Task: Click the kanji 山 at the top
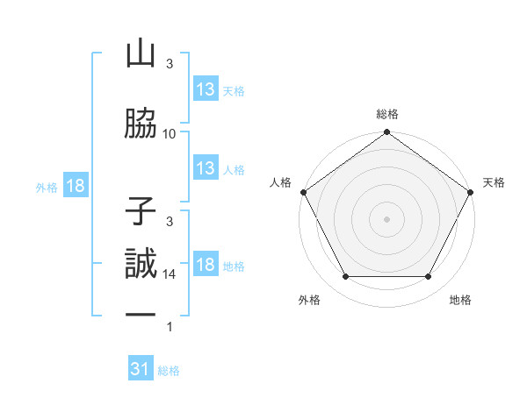(x=141, y=54)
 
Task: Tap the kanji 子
(x=141, y=211)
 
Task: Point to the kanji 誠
(x=141, y=264)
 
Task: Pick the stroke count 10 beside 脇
(x=170, y=134)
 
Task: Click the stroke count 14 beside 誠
(x=170, y=274)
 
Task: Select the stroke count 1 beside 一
(x=170, y=328)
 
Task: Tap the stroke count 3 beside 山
(x=170, y=64)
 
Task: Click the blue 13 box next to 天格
(x=206, y=89)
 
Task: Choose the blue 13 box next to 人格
(x=206, y=169)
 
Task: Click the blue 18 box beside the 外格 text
(x=75, y=187)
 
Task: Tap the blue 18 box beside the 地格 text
(x=206, y=266)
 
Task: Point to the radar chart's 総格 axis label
(x=386, y=114)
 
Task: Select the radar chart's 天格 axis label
(x=494, y=182)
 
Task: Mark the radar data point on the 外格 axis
(x=345, y=277)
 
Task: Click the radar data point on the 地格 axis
(x=429, y=277)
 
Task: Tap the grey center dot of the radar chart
(x=386, y=219)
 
